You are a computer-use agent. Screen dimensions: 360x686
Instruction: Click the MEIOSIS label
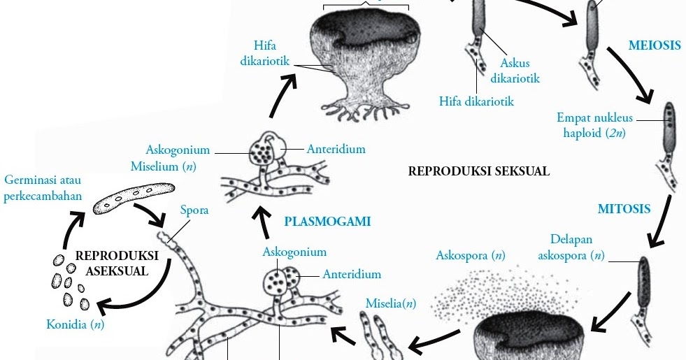click(x=654, y=46)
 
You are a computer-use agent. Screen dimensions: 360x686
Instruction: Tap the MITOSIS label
click(x=624, y=208)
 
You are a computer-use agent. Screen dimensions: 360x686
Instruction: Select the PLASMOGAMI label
click(x=327, y=222)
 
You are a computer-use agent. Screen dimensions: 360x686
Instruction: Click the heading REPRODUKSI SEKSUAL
click(x=478, y=171)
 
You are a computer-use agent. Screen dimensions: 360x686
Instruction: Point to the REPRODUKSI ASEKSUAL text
click(x=117, y=263)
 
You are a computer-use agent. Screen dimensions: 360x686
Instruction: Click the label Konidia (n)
click(x=75, y=324)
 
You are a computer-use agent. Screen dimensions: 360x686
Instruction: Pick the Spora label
click(x=194, y=209)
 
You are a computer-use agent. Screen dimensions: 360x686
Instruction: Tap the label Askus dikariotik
click(x=515, y=71)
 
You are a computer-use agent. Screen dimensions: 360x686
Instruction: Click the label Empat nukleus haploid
click(x=594, y=125)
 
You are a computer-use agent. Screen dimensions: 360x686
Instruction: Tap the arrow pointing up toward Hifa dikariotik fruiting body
click(x=283, y=94)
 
